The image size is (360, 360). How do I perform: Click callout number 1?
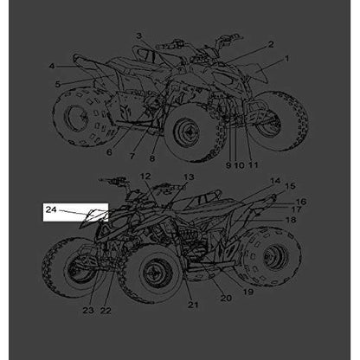tap(286, 59)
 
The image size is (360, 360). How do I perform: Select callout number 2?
tap(271, 44)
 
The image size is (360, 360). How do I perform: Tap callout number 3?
tap(139, 36)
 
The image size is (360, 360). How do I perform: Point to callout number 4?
tap(52, 67)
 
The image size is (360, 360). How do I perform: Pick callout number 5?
tap(58, 84)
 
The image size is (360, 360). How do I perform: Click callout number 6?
tap(109, 151)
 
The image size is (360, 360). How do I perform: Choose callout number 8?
tap(152, 157)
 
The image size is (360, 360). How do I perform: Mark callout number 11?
tap(253, 165)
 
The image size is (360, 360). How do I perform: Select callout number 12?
tap(145, 177)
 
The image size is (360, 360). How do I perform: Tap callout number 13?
tap(189, 177)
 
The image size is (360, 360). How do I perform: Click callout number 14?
tap(275, 181)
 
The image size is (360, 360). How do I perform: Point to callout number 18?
tap(291, 220)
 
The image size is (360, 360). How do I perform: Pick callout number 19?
tap(248, 292)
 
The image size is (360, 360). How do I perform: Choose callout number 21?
tap(193, 305)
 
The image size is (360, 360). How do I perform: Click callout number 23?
tap(88, 311)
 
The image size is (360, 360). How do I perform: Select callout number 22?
tap(106, 311)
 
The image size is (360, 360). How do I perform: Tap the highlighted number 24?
tap(51, 209)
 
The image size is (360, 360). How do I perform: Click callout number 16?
tap(301, 202)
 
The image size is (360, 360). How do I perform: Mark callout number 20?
tap(226, 298)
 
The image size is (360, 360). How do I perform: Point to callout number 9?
tap(228, 165)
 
